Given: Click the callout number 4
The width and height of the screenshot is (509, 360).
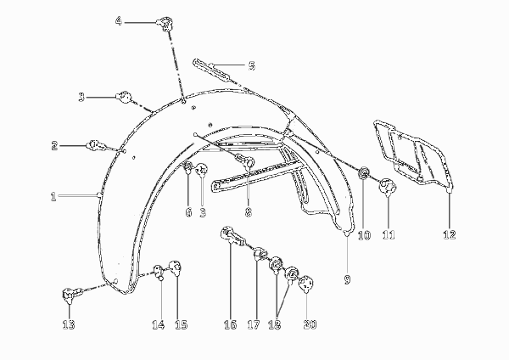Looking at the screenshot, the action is [x=119, y=22].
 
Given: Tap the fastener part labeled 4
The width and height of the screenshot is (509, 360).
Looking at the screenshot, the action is [x=165, y=24].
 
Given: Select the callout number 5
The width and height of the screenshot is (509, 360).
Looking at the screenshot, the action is [x=252, y=65].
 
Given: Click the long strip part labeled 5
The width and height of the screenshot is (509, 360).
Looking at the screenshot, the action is [x=212, y=70].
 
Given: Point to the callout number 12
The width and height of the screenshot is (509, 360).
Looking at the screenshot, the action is [x=450, y=234].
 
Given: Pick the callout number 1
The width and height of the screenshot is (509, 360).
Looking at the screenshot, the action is [x=53, y=197].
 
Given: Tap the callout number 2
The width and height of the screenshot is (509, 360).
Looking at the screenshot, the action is [x=54, y=145].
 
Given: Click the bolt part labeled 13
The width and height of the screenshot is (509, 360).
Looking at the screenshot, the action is [x=72, y=294].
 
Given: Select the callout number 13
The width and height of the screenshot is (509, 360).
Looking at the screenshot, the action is [x=69, y=324].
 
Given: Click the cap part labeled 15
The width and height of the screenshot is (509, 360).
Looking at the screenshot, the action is [x=176, y=268].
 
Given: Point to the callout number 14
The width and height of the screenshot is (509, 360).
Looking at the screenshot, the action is [x=158, y=324].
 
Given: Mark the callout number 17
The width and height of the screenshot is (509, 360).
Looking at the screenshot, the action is [x=254, y=324].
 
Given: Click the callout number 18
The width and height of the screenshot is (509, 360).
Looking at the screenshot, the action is [x=275, y=324].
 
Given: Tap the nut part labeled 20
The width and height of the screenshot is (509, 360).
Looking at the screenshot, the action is [x=305, y=284].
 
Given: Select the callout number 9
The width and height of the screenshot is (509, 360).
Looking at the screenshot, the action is [x=347, y=279].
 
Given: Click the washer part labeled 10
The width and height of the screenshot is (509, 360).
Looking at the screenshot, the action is [x=363, y=173].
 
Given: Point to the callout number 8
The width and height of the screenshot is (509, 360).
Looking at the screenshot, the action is [x=249, y=212].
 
